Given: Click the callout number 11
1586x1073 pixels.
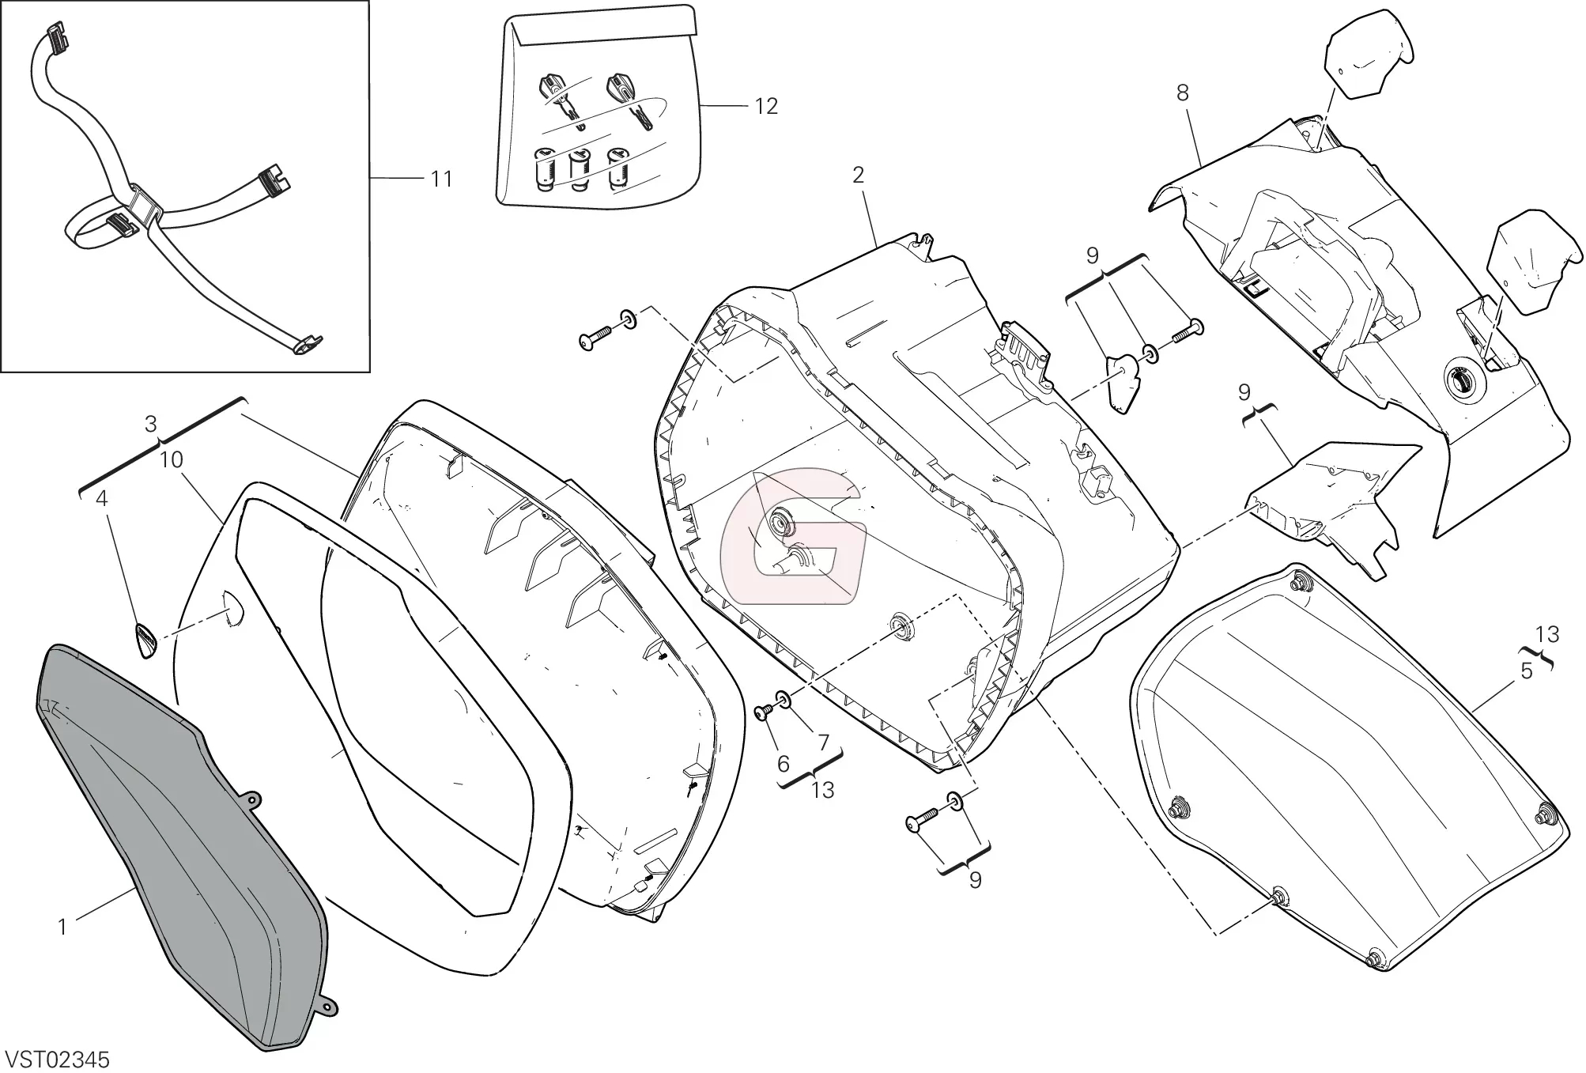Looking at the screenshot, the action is click(441, 179).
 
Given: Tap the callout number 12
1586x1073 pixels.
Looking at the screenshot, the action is click(766, 106).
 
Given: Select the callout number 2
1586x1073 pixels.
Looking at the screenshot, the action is click(859, 175).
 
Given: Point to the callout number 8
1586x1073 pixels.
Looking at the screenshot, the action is click(1182, 93).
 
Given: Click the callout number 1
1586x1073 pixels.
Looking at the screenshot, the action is click(62, 927).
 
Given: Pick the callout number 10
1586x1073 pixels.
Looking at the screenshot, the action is click(172, 459).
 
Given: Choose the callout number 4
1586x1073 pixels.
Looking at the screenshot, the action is click(102, 498).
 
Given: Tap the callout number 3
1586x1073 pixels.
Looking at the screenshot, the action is click(151, 424).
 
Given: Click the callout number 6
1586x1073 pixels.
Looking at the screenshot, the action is click(784, 764).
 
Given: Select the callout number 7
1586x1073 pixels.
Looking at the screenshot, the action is click(823, 742).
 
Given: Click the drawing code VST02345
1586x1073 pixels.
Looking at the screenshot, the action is click(57, 1060).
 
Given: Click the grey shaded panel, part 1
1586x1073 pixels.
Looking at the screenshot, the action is click(182, 846).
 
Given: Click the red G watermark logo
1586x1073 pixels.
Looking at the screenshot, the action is click(791, 535).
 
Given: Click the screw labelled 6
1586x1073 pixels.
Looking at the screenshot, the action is click(765, 712).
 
